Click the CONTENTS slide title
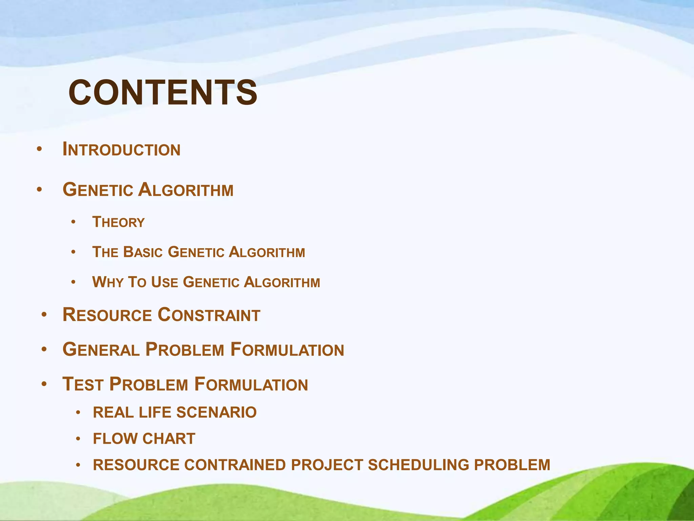pyautogui.click(x=163, y=93)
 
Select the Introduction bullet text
pyautogui.click(x=121, y=150)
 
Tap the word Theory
pyautogui.click(x=118, y=223)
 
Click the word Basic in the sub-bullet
pyautogui.click(x=143, y=252)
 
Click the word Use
pyautogui.click(x=164, y=282)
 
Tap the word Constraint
pyautogui.click(x=209, y=315)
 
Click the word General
pyautogui.click(x=101, y=350)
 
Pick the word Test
pyautogui.click(x=83, y=385)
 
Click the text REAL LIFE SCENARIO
pyautogui.click(x=175, y=412)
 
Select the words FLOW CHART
pyautogui.click(x=144, y=439)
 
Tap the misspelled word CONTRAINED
pyautogui.click(x=235, y=465)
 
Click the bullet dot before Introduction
pyautogui.click(x=39, y=149)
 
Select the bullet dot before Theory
pyautogui.click(x=73, y=223)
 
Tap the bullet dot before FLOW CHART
pyautogui.click(x=78, y=439)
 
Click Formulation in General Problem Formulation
pyautogui.click(x=287, y=350)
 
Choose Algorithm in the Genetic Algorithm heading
pyautogui.click(x=186, y=190)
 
